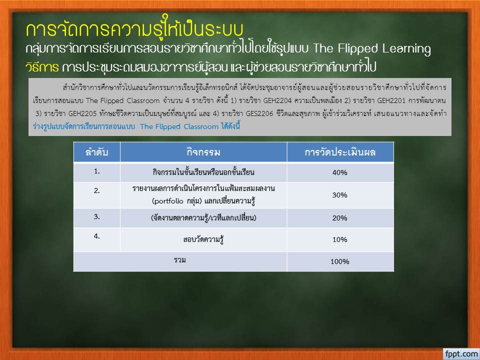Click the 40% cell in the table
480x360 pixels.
tap(340, 172)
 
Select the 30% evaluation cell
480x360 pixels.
tap(340, 195)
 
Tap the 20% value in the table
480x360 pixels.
tap(340, 218)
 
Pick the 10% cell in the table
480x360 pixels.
tap(340, 239)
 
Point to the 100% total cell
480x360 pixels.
tap(340, 261)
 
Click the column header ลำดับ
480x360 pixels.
tap(96, 152)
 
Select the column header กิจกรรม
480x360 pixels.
tap(203, 152)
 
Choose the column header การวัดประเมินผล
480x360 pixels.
tap(340, 152)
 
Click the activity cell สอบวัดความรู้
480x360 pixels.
tap(203, 239)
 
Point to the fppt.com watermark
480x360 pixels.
tap(461, 354)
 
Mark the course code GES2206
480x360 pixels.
tap(259, 114)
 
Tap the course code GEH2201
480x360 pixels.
tap(391, 100)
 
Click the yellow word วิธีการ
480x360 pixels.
tap(42, 67)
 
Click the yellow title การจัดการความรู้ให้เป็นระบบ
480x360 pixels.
tap(134, 29)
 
